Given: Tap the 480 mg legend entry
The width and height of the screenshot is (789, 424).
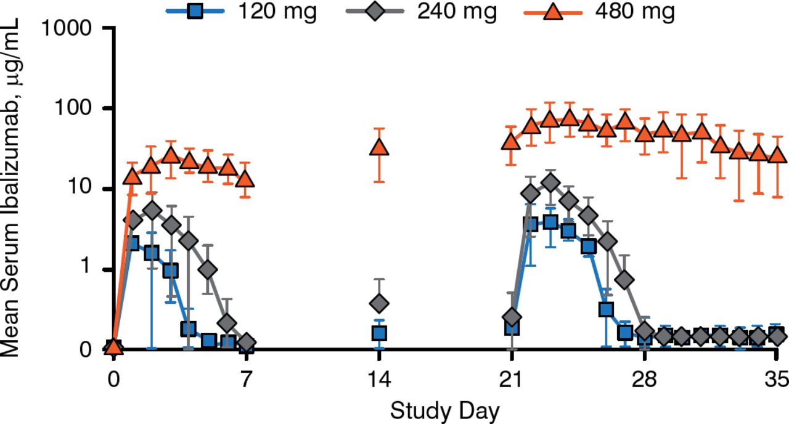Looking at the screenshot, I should pyautogui.click(x=598, y=12).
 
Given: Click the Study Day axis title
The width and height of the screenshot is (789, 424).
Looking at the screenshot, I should pyautogui.click(x=444, y=409).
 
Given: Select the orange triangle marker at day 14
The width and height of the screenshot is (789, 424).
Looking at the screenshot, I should pyautogui.click(x=380, y=147).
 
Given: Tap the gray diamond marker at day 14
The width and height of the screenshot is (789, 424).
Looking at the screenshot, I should pyautogui.click(x=380, y=303).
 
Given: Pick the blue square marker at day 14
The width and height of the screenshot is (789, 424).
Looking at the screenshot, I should pyautogui.click(x=380, y=333).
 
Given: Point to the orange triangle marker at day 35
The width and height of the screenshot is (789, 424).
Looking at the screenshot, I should pyautogui.click(x=778, y=154).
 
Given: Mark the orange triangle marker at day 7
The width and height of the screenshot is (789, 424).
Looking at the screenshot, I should pyautogui.click(x=246, y=179).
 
